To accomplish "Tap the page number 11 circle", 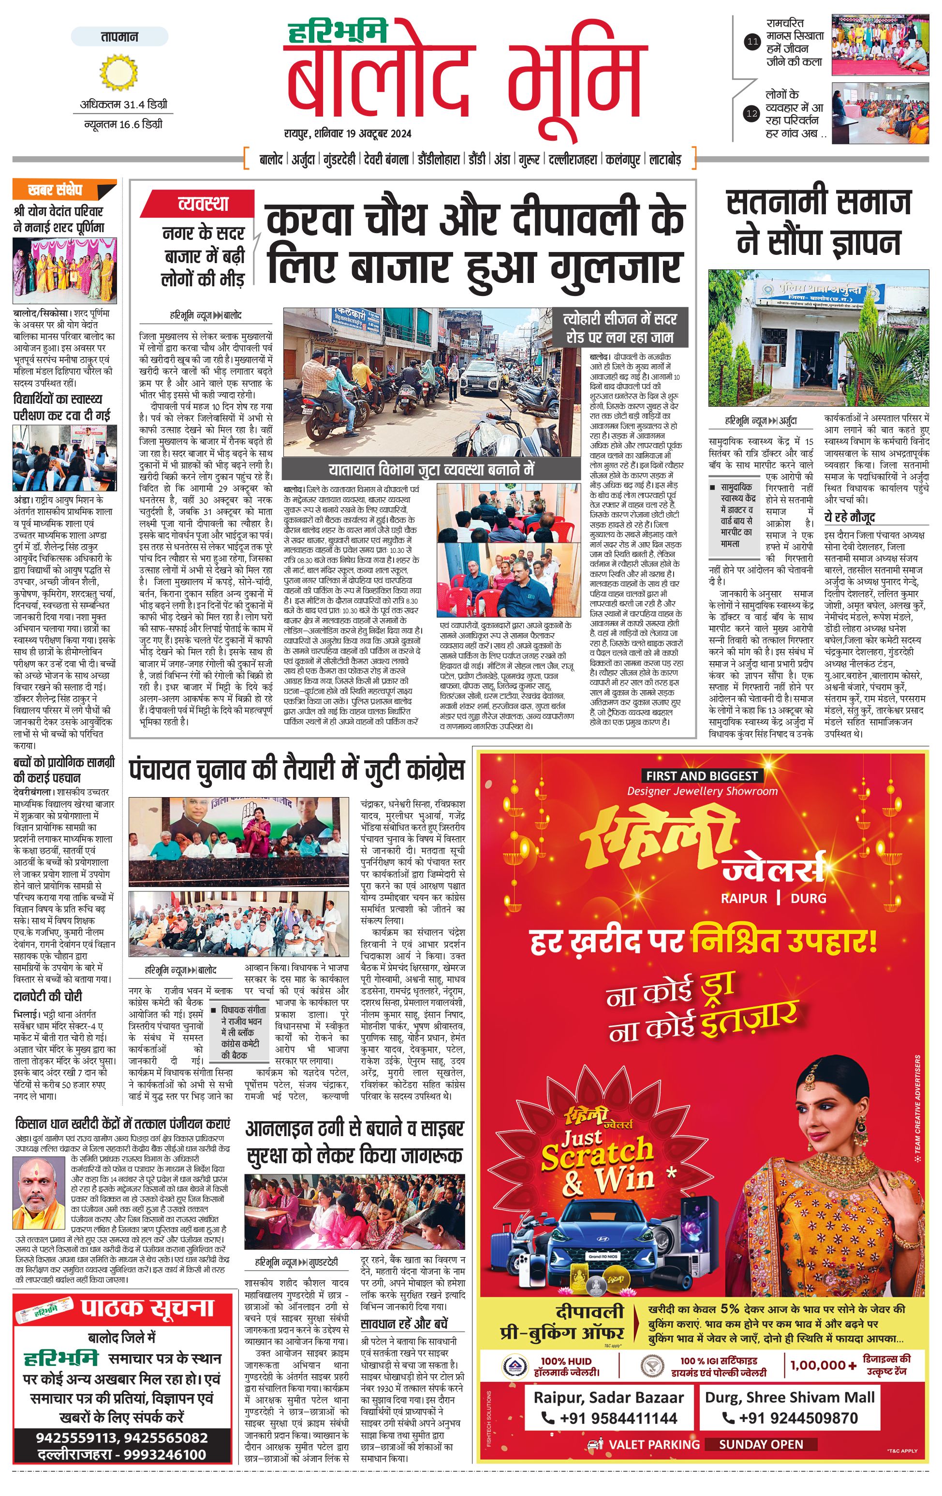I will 752,42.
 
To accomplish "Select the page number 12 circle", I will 752,114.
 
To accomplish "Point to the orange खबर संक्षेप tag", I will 64,190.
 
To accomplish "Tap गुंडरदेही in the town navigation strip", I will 339,160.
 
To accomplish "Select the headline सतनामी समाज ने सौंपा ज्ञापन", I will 818,222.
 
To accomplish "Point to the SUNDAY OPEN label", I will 761,1444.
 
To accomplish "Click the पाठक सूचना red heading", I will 147,1308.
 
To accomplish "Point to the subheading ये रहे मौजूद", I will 850,517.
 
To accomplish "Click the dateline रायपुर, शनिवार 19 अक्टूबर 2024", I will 348,133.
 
